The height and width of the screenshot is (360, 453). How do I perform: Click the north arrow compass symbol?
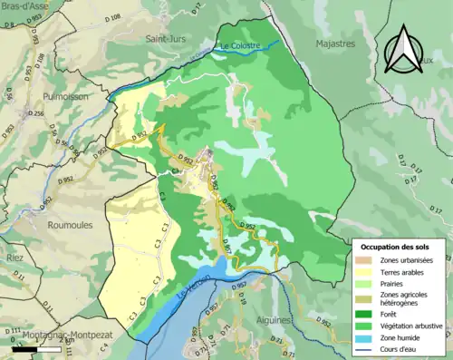click(405, 48)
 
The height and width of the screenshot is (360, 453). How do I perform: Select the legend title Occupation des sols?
click(398, 247)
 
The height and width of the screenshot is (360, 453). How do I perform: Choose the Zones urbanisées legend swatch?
click(364, 260)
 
